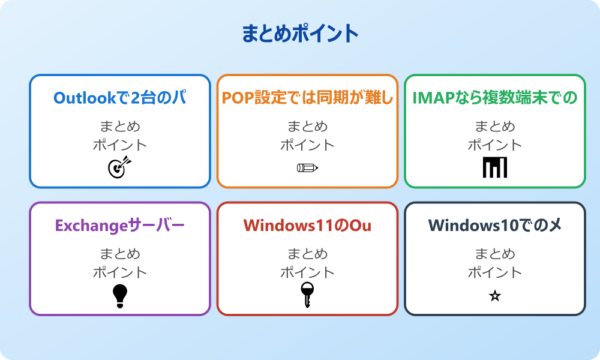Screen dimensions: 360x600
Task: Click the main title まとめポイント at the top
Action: (300, 34)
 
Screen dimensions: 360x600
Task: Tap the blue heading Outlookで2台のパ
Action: (119, 98)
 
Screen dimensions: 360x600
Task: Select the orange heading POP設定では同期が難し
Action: (307, 98)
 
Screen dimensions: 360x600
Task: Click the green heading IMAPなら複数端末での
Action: (495, 98)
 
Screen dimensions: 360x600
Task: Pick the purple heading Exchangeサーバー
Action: (119, 226)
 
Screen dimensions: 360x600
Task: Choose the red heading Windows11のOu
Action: (307, 226)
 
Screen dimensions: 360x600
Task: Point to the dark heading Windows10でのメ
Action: (495, 226)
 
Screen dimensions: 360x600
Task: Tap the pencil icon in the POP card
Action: (307, 168)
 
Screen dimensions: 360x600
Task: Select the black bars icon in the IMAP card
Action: (495, 167)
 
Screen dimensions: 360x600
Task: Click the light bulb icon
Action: (119, 295)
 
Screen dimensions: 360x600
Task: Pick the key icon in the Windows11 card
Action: (307, 295)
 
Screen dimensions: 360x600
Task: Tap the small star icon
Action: (495, 296)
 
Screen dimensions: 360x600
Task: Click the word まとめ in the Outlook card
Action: (119, 127)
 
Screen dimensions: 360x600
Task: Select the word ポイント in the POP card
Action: (307, 145)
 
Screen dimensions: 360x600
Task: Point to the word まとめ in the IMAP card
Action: (495, 127)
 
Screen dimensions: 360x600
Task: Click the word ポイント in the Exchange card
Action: (119, 272)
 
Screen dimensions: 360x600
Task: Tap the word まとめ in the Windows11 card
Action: (307, 254)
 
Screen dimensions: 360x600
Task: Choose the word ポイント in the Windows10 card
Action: (495, 272)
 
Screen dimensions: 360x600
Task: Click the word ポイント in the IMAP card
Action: (495, 145)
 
